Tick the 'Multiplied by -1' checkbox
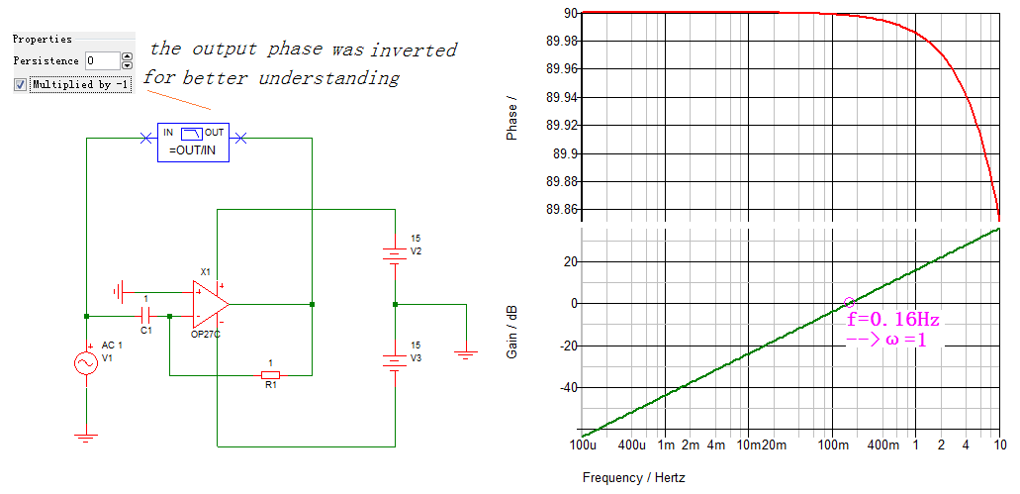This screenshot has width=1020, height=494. pyautogui.click(x=20, y=85)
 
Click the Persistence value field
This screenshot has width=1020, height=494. pyautogui.click(x=101, y=61)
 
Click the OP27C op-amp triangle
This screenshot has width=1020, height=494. pyautogui.click(x=209, y=304)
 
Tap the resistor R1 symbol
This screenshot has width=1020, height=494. pyautogui.click(x=270, y=375)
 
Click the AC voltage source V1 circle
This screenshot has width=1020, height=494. pyautogui.click(x=87, y=364)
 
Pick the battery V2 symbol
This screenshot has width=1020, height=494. pyautogui.click(x=394, y=253)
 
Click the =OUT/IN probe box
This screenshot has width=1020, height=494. pyautogui.click(x=193, y=143)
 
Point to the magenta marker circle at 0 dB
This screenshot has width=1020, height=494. pyautogui.click(x=848, y=302)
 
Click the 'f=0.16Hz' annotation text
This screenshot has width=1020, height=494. pyautogui.click(x=893, y=320)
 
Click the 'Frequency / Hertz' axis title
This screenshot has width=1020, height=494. pyautogui.click(x=633, y=478)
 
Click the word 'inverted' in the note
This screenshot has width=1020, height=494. pyautogui.click(x=417, y=49)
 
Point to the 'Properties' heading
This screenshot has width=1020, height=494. pyautogui.click(x=43, y=40)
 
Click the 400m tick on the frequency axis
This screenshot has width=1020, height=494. pyautogui.click(x=881, y=446)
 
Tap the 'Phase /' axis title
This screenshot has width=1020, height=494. pyautogui.click(x=512, y=119)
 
